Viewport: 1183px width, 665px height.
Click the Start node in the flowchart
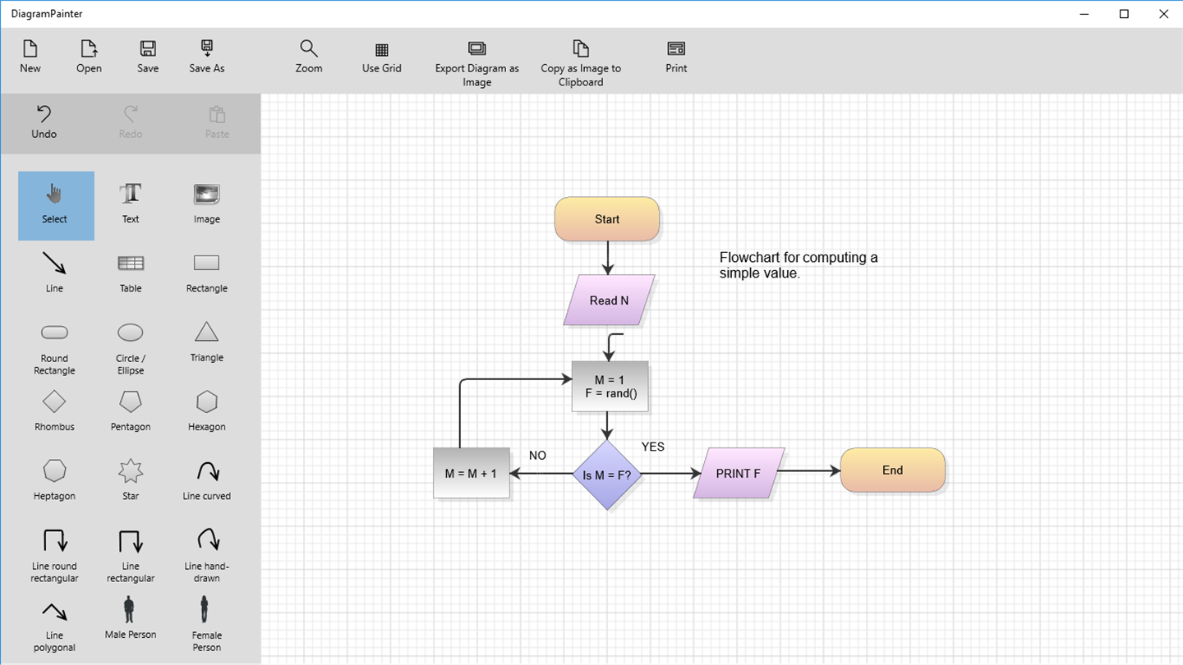click(x=607, y=219)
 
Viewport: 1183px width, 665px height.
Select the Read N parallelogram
click(x=609, y=300)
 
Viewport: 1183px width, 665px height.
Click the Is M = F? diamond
click(x=607, y=475)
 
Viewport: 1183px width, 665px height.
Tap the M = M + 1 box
click(x=471, y=474)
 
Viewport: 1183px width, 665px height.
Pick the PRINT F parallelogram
click(x=738, y=474)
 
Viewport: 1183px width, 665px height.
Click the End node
click(x=892, y=470)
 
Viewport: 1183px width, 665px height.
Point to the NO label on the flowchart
click(x=537, y=456)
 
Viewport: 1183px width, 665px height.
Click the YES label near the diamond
click(x=652, y=447)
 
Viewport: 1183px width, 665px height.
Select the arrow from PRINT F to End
click(x=809, y=471)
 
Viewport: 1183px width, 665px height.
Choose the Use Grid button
click(x=382, y=57)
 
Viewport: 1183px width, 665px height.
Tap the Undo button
click(x=44, y=122)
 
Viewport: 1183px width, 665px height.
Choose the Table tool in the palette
click(x=131, y=272)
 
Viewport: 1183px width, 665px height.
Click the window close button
click(x=1163, y=14)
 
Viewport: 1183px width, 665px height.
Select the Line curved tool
click(x=206, y=479)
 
